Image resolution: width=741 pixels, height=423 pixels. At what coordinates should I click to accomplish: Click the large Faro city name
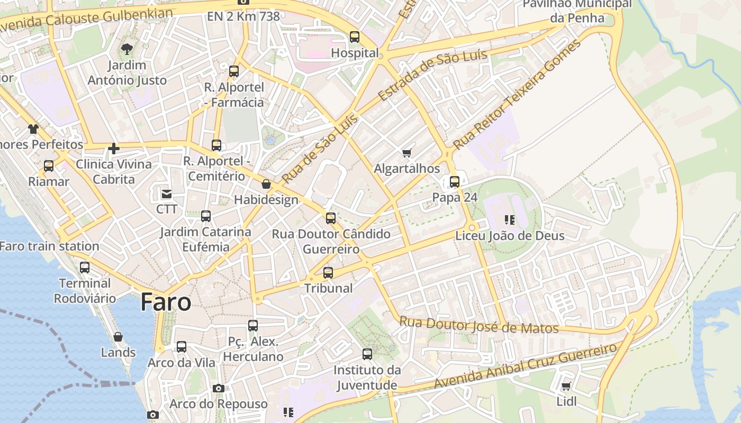click(166, 302)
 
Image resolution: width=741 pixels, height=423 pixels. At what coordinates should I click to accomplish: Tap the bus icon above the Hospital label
click(355, 37)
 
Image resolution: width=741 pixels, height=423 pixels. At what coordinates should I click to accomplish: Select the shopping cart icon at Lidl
click(566, 387)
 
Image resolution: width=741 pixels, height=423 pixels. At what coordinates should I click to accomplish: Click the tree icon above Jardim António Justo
click(126, 50)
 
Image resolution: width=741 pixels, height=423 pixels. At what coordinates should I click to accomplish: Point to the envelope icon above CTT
click(167, 194)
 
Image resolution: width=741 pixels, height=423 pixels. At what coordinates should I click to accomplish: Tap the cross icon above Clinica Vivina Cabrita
click(114, 149)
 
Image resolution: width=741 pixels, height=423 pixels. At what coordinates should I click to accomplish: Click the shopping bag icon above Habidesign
click(266, 184)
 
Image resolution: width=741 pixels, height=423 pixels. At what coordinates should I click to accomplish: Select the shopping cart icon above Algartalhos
click(406, 153)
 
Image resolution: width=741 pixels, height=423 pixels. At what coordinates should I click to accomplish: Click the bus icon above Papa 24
click(454, 182)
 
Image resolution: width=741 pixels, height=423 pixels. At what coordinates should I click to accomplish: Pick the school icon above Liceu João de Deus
click(510, 219)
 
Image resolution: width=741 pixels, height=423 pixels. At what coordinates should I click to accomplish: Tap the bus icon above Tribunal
click(328, 273)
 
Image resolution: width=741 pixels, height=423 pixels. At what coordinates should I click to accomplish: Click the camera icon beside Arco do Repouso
click(218, 389)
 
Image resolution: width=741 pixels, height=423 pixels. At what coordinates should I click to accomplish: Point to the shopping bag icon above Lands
click(118, 337)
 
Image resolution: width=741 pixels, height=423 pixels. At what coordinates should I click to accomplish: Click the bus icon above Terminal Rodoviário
click(85, 268)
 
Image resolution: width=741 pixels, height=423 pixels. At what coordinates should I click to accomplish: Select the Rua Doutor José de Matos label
click(478, 325)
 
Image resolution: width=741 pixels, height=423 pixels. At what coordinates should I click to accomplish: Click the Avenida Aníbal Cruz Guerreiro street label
click(525, 366)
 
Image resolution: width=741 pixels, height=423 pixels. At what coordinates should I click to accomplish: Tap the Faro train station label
click(49, 246)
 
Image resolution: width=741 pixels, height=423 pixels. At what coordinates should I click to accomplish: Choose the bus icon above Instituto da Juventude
click(367, 354)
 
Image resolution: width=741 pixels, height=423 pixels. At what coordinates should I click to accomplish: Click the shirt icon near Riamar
click(33, 128)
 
